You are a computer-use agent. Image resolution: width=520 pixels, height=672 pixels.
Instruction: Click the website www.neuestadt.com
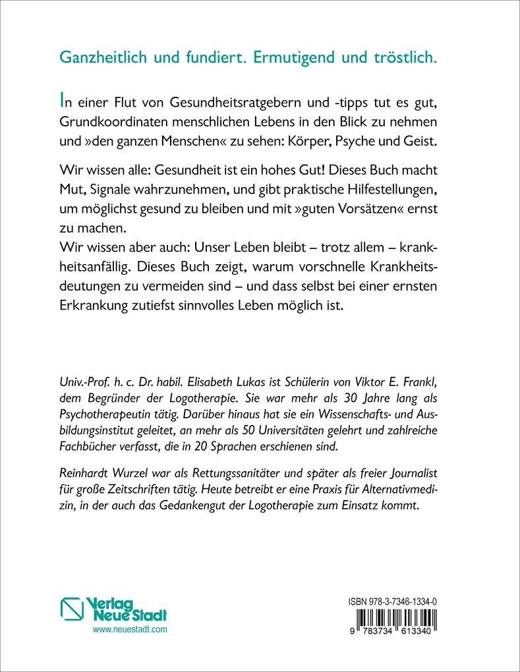(x=130, y=630)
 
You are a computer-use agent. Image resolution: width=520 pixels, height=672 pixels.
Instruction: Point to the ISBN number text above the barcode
(x=392, y=602)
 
